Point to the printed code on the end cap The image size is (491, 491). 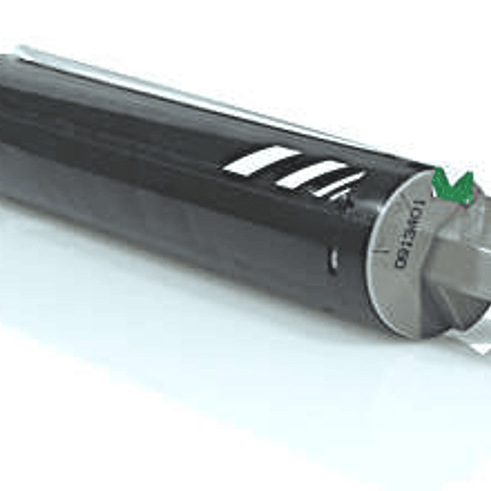pos(409,236)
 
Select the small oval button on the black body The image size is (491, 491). pos(333,259)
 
